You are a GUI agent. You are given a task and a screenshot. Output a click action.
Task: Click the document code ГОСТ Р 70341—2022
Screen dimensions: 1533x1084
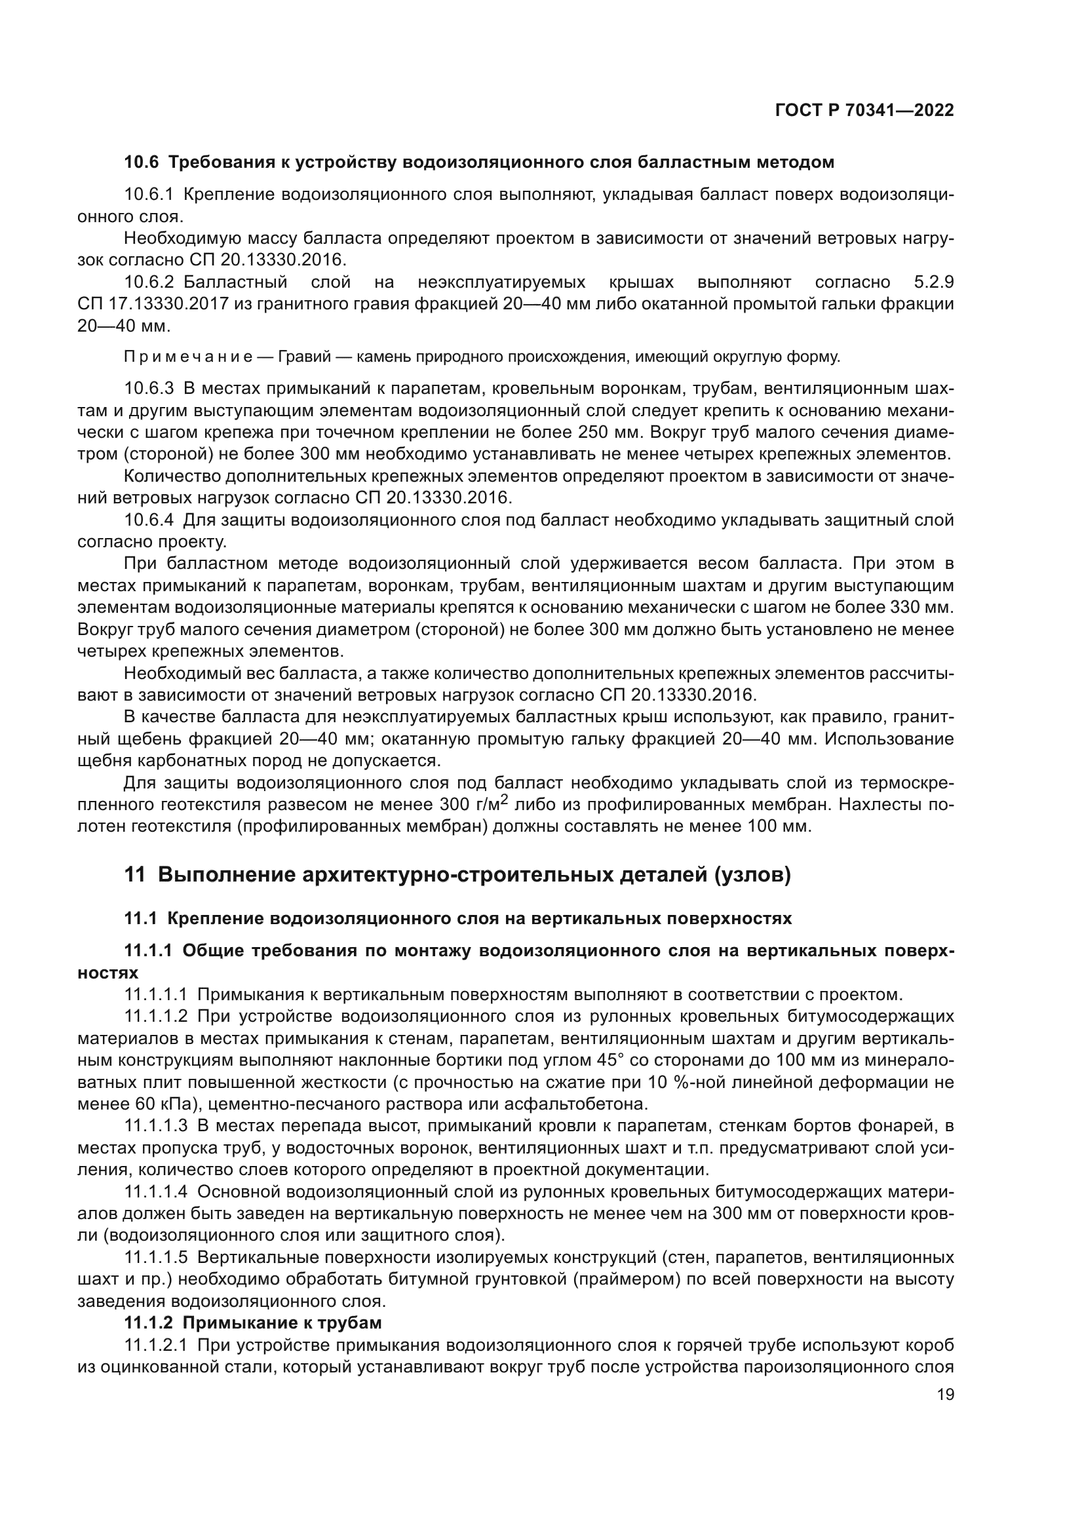point(864,110)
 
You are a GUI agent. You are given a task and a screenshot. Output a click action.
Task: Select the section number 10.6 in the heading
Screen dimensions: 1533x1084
point(142,163)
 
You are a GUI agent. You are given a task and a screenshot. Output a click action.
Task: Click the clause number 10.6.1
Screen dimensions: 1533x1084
point(149,194)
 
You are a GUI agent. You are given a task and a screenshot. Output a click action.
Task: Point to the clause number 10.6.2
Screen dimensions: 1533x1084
point(149,282)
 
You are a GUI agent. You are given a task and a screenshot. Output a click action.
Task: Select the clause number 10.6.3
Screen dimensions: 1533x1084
point(149,389)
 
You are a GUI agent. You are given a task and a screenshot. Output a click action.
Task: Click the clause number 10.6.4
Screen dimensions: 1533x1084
point(149,520)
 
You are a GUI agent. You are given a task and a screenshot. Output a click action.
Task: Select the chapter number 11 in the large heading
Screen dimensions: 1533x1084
point(134,875)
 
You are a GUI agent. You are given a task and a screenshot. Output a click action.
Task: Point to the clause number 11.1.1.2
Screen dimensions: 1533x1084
point(156,1017)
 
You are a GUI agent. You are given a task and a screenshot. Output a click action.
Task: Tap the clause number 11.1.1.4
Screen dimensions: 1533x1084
point(156,1191)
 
